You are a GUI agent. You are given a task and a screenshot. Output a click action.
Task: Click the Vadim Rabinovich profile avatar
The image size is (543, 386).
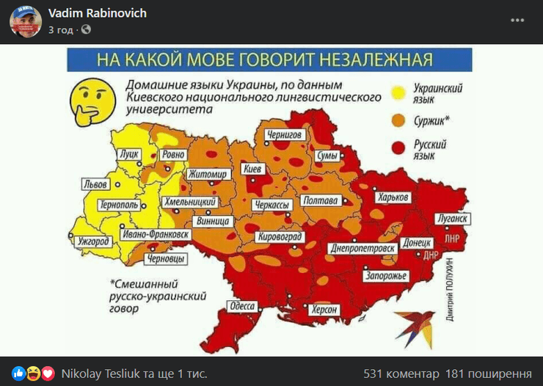pos(25,21)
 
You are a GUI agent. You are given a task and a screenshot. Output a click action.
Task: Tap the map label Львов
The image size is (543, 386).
pos(96,184)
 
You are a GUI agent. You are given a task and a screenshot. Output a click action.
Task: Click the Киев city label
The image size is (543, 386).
pos(252,170)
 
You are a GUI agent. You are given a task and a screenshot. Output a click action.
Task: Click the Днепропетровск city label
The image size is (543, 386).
pos(361,249)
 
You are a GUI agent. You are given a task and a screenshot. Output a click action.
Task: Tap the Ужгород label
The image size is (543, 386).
pos(93,241)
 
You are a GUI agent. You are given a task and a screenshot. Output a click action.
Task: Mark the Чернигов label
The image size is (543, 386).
pos(284,135)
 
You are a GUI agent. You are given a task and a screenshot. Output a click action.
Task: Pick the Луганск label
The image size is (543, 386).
pos(451,219)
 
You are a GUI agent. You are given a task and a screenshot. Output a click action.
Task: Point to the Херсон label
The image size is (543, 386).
pos(326,310)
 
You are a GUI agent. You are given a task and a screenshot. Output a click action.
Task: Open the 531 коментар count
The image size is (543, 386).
pos(401,373)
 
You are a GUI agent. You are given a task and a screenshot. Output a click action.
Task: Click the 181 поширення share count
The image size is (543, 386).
pos(489,373)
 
